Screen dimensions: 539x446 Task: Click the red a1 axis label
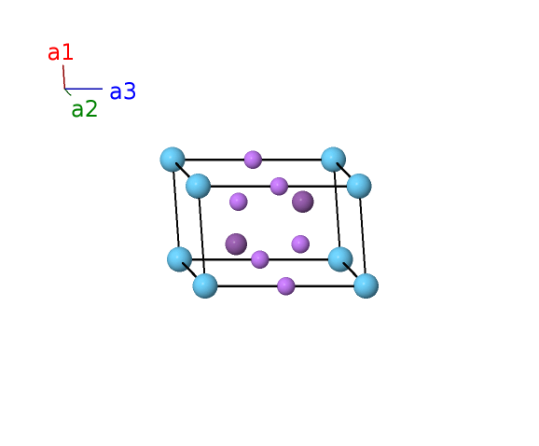[61, 52]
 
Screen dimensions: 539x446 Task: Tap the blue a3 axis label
[123, 91]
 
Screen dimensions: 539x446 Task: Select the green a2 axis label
[85, 109]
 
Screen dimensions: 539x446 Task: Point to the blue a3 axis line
[84, 89]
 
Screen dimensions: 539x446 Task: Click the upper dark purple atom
[303, 202]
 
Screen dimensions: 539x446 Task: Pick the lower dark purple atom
[236, 244]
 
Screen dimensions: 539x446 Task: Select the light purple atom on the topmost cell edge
[253, 160]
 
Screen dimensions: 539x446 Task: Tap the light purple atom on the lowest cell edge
[286, 286]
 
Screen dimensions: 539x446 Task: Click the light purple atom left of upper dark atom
[239, 202]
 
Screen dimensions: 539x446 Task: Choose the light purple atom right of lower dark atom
[300, 244]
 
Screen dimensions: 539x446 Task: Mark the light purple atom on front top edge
[279, 186]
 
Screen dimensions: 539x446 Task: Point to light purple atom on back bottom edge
[260, 259]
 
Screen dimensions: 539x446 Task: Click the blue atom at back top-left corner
[173, 160]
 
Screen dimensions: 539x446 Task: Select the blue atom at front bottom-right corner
[366, 286]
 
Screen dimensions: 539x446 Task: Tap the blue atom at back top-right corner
[334, 160]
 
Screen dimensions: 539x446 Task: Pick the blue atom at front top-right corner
[359, 186]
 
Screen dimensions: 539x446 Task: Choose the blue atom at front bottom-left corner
[205, 286]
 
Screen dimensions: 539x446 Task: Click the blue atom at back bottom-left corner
[179, 259]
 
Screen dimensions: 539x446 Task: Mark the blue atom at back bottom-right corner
[340, 259]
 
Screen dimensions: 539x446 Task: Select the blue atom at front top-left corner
[199, 186]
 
